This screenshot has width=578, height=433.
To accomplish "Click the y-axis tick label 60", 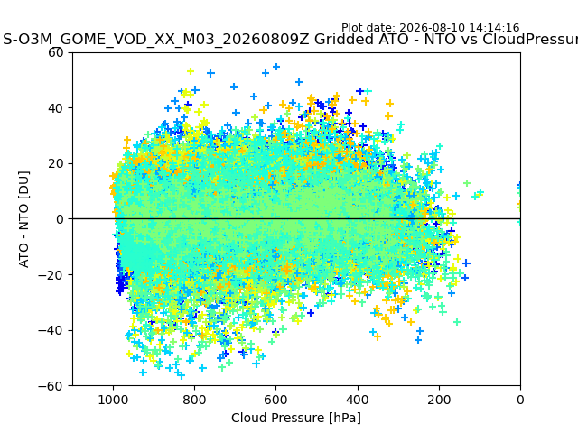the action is pos(56,52).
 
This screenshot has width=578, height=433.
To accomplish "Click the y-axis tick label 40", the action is pos(56,108).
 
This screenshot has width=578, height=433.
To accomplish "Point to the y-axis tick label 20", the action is pos(56,164).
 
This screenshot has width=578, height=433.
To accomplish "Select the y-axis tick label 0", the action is pos(60,219).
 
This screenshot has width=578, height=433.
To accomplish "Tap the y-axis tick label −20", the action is pos(51,275).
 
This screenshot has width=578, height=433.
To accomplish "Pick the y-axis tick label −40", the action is pos(51,331).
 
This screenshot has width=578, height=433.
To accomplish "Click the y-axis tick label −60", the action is pos(51,386).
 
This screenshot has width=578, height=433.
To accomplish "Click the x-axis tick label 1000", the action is pos(113,400).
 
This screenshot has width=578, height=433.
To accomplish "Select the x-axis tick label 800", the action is pos(195,400).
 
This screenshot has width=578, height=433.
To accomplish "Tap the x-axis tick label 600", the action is pos(276,400).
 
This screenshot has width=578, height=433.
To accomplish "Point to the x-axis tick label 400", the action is pos(358,400).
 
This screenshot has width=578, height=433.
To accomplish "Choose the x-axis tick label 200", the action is pos(439,400).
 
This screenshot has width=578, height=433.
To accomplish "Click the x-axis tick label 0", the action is pos(520,400).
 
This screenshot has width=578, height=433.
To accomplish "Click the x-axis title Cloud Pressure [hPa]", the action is pos(296,418).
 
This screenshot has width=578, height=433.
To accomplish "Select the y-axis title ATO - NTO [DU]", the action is pos(23,219).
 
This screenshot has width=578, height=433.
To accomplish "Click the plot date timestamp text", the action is pos(430,28).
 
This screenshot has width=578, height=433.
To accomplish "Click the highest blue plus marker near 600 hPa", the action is pos(276,67).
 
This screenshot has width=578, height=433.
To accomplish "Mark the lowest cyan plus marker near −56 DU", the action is pos(181,375).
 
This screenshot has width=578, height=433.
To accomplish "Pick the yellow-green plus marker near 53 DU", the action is pos(191,71).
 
